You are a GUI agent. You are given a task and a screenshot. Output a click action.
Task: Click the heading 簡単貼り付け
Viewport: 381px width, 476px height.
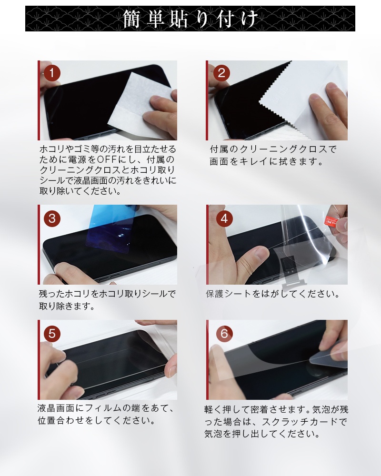pos(190,19)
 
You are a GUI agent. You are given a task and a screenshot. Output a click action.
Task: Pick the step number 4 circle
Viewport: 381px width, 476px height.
pos(224,218)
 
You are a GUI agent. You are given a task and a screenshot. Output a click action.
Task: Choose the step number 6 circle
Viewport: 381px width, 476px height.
pos(224,333)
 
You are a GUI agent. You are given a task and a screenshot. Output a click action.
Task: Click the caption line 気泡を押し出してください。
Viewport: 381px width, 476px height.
pos(261,434)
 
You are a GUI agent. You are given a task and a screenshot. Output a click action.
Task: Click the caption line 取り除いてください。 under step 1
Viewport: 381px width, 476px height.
pos(79,191)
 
